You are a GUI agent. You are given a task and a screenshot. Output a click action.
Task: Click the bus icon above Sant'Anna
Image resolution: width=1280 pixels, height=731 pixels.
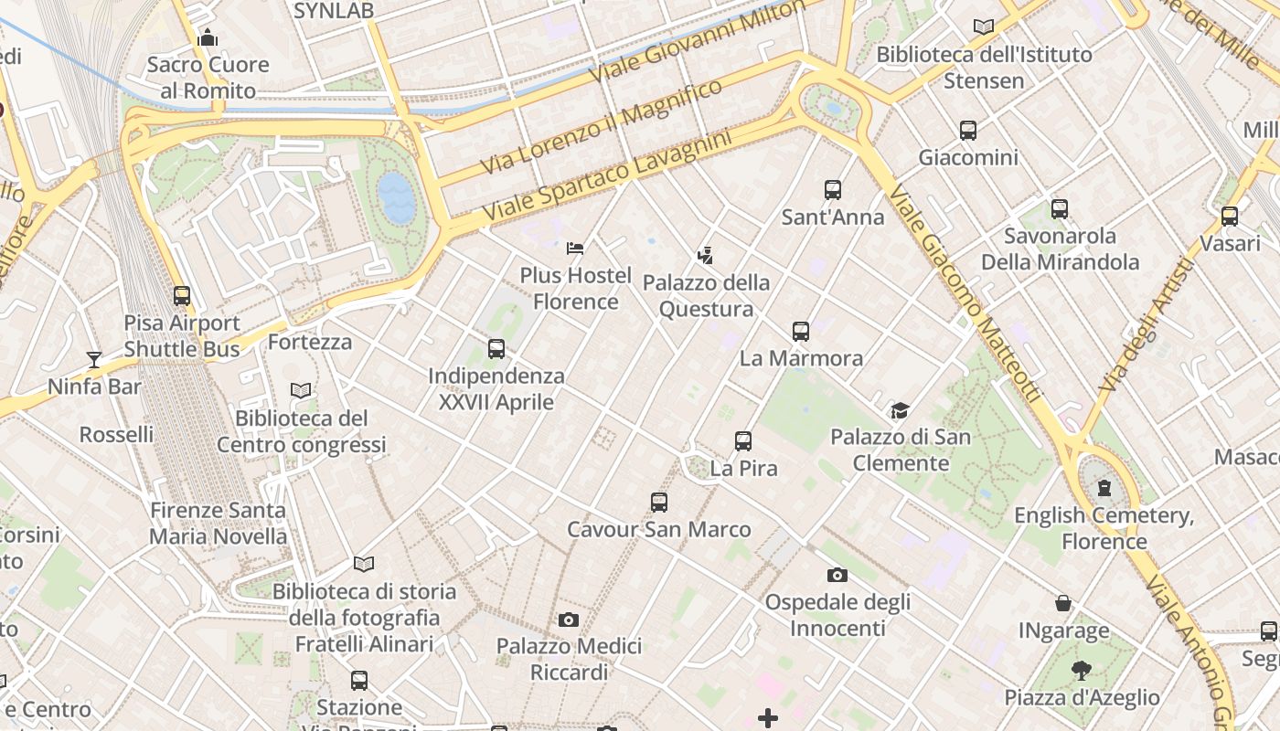832,190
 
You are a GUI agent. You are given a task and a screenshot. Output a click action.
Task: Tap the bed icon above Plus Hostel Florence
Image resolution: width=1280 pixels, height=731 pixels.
575,248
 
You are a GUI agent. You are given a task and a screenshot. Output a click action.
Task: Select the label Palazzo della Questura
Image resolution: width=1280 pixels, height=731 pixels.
707,295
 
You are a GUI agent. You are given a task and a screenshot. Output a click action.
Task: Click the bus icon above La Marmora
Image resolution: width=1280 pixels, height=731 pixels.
801,331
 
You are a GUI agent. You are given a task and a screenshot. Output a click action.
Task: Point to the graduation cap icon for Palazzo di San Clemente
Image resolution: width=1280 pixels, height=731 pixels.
901,410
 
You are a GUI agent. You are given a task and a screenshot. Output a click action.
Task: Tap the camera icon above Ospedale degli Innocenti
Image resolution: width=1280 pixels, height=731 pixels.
837,575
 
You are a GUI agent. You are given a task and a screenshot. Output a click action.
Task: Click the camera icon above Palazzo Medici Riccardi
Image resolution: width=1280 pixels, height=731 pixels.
568,620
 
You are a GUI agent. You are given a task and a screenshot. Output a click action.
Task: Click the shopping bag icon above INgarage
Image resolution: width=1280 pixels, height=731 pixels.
1063,603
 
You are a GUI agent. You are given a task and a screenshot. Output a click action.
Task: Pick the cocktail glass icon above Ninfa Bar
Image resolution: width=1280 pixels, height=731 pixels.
94,360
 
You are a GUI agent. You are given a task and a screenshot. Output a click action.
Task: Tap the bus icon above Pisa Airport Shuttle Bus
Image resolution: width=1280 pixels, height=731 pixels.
182,296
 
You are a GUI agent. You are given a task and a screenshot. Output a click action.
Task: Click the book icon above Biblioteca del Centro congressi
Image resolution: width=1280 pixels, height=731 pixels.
301,391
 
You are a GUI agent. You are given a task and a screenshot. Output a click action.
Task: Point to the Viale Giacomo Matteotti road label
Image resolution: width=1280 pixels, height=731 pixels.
965,294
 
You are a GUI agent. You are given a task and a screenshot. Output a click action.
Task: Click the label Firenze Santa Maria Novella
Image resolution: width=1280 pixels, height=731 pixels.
218,523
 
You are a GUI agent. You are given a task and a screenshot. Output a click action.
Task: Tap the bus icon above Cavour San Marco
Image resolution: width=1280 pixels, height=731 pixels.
658,502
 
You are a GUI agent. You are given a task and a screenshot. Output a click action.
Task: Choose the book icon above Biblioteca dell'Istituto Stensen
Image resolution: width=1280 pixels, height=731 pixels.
984,27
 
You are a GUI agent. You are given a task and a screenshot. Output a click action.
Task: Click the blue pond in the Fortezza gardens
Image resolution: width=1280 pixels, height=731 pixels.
397,198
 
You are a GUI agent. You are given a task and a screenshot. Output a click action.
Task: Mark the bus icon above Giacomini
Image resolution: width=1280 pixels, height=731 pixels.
968,131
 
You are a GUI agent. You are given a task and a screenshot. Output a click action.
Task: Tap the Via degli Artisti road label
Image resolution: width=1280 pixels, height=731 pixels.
1147,326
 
